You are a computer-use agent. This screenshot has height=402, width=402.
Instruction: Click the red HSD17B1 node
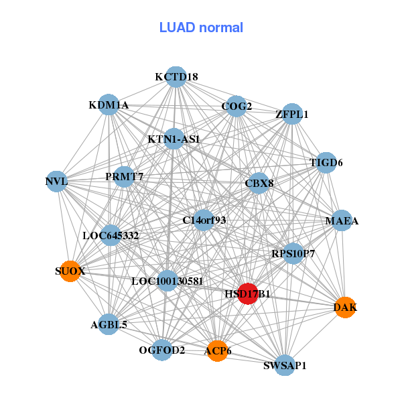point(248,294)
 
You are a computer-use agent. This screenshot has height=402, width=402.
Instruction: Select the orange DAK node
point(345,308)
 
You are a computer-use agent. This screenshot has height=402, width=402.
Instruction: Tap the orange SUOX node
point(70,271)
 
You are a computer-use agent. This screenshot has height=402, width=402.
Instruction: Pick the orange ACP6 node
point(217,351)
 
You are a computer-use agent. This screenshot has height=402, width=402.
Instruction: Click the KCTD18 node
point(176,77)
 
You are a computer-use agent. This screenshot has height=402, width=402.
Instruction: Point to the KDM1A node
point(109,105)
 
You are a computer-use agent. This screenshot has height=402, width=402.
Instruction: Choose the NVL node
point(57,182)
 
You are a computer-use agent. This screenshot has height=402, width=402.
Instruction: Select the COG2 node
point(236,106)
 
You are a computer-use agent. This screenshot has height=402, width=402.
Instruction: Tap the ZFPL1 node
point(292,114)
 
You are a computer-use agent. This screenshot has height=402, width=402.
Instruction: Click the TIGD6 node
point(326,163)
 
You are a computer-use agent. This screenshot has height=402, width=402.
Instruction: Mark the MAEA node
point(342,220)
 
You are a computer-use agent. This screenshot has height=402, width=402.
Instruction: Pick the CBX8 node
point(259,183)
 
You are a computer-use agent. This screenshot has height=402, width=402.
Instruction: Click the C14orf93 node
point(204,220)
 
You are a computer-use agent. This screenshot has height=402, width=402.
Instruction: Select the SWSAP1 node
point(285,365)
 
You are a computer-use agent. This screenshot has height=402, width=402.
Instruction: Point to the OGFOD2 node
point(161,350)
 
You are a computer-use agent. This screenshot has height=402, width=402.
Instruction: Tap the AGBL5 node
point(109,324)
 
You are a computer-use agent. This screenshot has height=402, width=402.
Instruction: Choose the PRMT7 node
point(124,177)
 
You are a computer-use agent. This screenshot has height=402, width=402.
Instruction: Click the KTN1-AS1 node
point(174,139)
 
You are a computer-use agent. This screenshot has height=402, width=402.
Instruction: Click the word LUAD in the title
point(177,27)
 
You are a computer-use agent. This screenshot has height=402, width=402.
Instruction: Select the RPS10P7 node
point(293,253)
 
